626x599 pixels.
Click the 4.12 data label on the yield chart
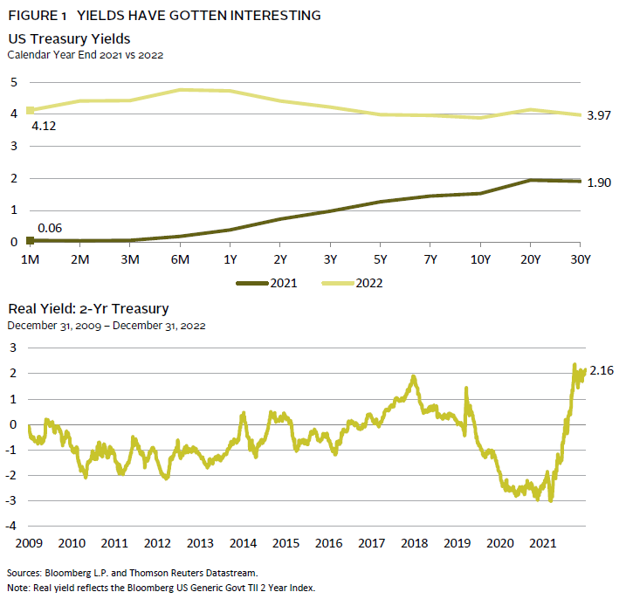tap(44, 126)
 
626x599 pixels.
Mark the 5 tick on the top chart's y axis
tap(13, 82)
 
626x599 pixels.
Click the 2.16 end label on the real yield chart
tap(602, 372)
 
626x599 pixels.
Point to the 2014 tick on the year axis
tap(243, 542)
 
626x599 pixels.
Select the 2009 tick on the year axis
tap(29, 542)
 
